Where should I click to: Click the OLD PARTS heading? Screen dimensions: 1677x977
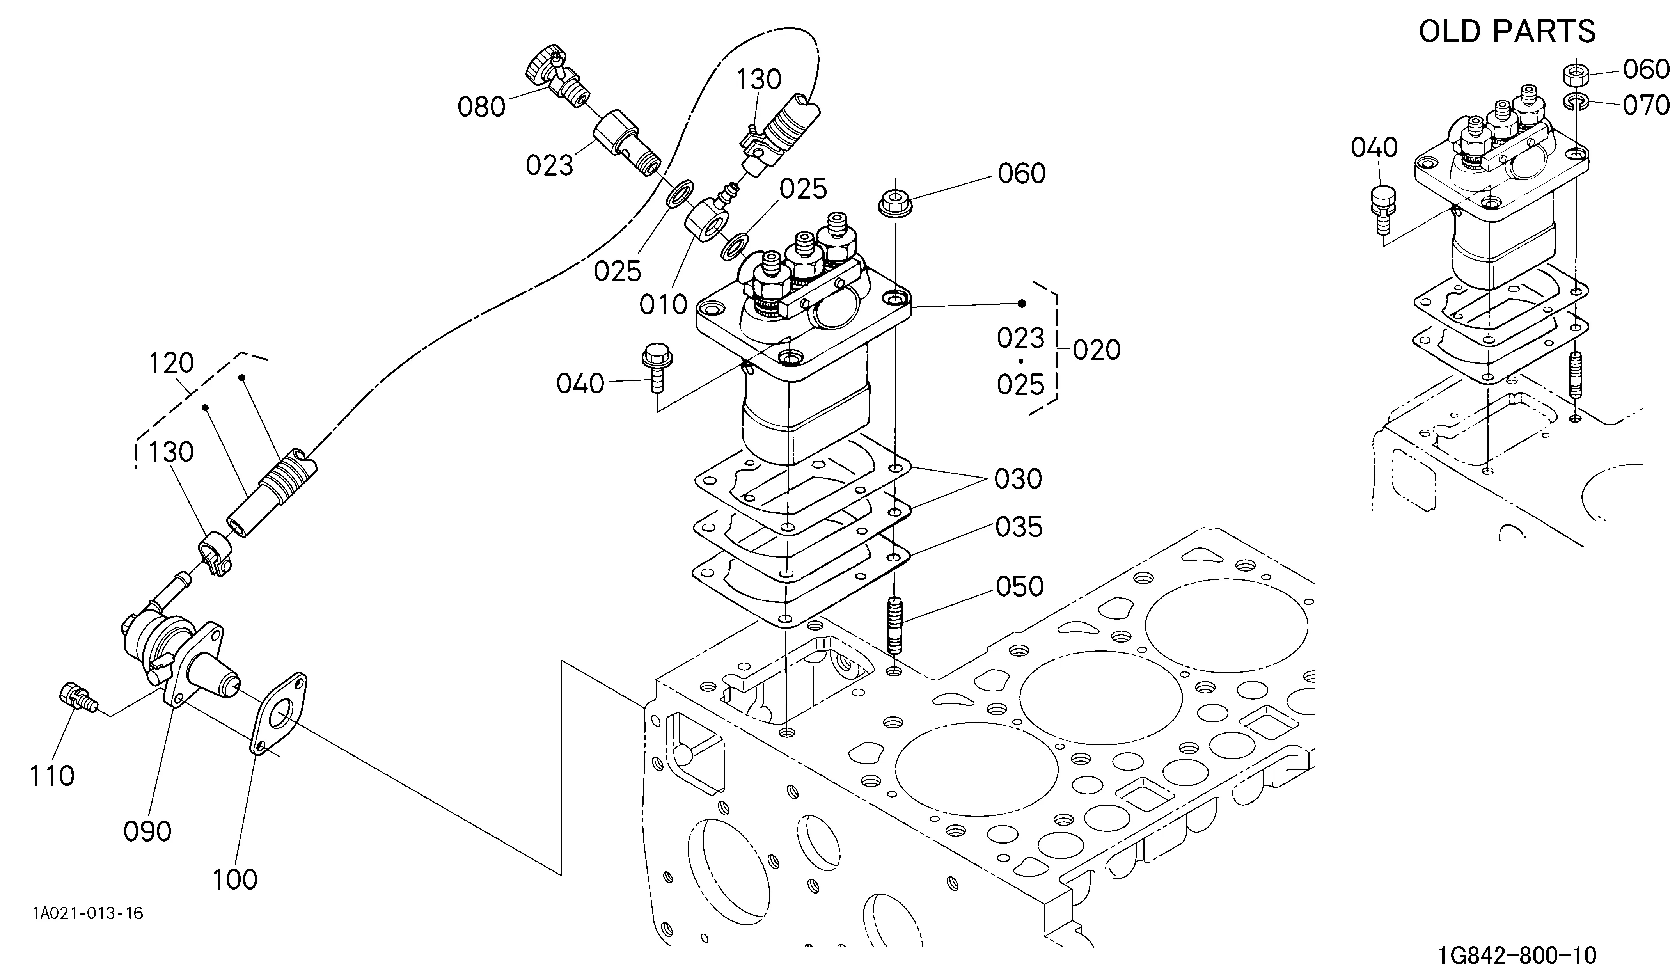pos(1507,31)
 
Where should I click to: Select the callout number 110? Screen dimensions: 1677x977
pos(52,776)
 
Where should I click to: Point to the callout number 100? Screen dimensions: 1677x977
pos(235,880)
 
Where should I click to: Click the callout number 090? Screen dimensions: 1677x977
pos(147,831)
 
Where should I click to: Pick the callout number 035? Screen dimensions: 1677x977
pos(1019,527)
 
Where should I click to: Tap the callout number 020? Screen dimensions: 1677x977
pos(1097,350)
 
